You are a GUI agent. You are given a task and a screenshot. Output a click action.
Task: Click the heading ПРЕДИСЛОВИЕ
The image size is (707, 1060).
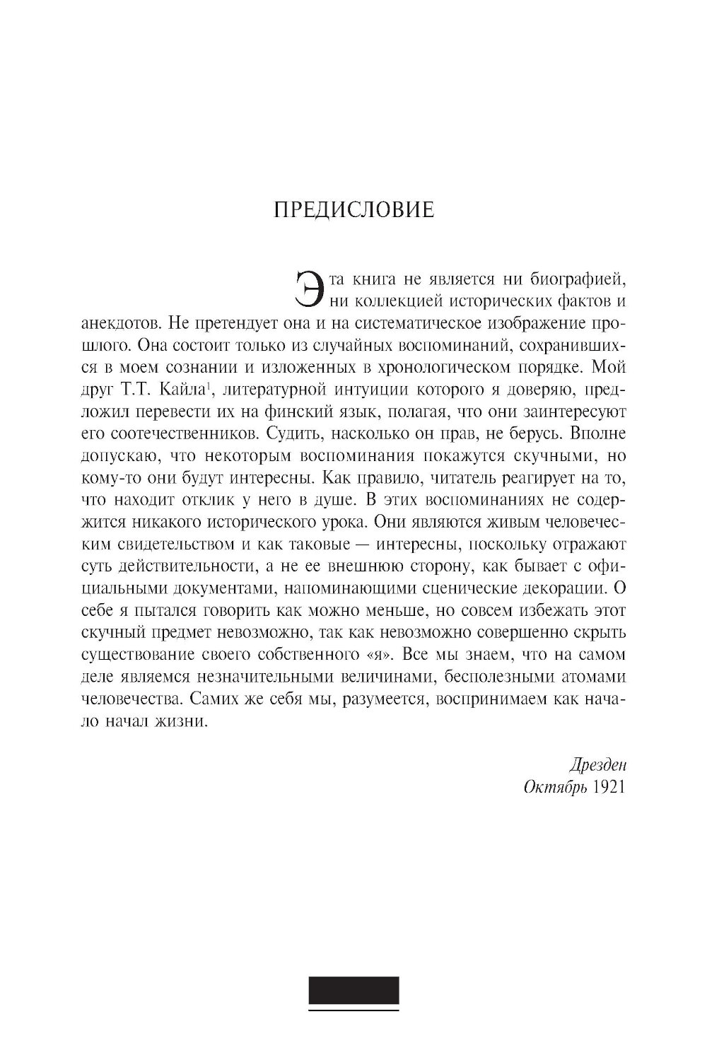click(x=353, y=211)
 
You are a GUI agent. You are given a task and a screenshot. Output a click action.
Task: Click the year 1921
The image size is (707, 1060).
click(x=609, y=788)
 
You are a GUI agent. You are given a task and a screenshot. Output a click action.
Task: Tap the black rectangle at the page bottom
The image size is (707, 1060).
click(x=353, y=989)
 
